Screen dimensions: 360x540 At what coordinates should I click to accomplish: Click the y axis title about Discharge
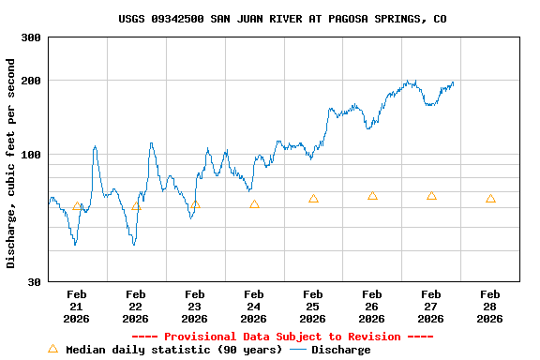click(11, 163)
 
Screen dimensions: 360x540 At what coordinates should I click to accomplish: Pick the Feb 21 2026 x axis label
click(77, 307)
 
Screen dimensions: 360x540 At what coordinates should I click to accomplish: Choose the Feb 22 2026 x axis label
click(136, 307)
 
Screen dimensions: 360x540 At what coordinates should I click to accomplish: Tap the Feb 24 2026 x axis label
click(254, 307)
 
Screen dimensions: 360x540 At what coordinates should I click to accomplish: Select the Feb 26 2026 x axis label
click(372, 307)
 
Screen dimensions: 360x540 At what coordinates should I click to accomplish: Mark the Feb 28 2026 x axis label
click(490, 307)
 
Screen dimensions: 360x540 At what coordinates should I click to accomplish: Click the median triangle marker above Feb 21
click(77, 205)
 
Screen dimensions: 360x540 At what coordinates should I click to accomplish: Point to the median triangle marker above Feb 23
click(195, 204)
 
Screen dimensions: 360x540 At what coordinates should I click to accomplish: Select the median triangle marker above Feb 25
click(313, 198)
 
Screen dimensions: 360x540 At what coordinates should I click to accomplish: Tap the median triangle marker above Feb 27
click(431, 195)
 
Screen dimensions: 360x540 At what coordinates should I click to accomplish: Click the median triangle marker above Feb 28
click(490, 198)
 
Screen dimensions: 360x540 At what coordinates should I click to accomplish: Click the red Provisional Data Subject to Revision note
click(282, 337)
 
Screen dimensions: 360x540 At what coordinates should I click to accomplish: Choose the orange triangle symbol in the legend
click(53, 349)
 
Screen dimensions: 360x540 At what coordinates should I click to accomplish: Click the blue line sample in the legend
click(298, 350)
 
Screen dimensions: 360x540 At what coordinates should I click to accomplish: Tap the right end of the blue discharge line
click(454, 82)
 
